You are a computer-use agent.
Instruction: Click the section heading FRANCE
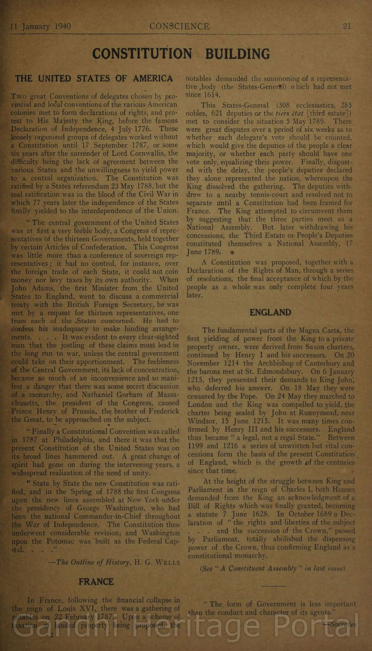[x=96, y=582]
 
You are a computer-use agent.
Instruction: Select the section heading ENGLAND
[x=271, y=313]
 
